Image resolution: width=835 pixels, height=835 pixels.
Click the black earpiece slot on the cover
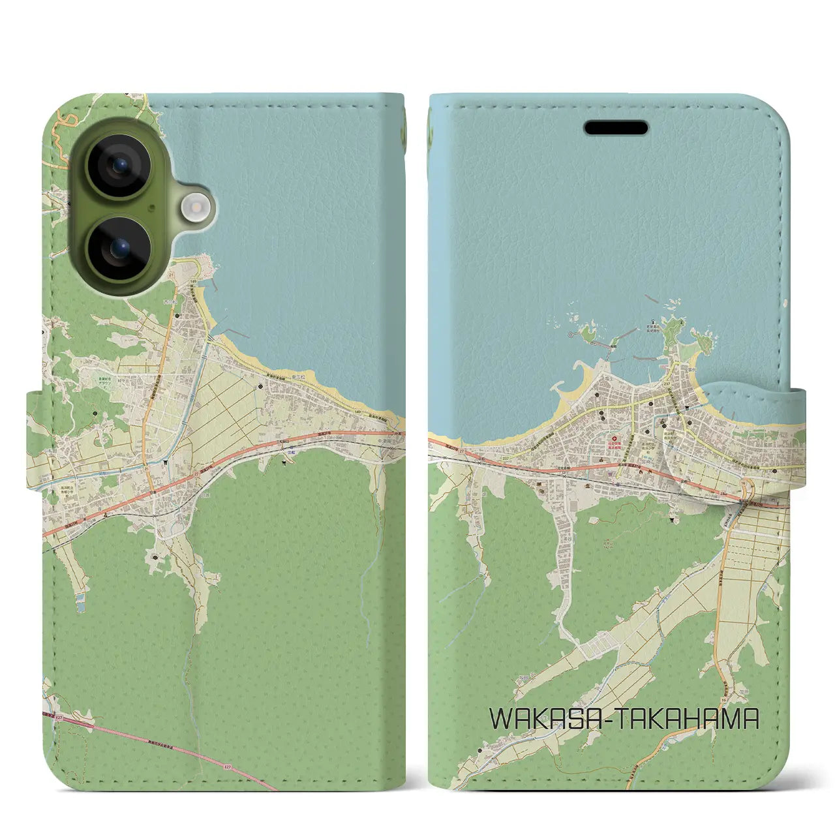click(616, 128)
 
